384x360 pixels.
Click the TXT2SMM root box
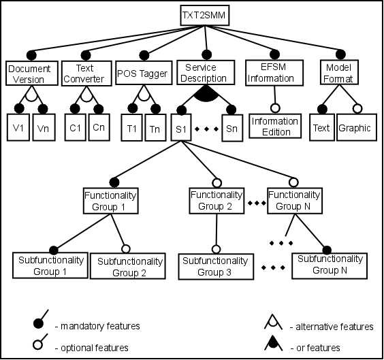[205, 15]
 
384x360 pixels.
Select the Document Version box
[32, 73]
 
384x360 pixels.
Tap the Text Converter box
[86, 73]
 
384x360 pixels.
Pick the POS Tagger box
[144, 73]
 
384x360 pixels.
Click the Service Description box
[206, 72]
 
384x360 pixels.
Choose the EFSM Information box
[274, 73]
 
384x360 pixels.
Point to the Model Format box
[340, 72]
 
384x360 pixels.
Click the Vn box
[44, 127]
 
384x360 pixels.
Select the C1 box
[75, 127]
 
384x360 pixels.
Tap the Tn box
[155, 127]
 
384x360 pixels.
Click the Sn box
[232, 128]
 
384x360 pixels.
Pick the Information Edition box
[275, 126]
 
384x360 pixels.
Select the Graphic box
[357, 127]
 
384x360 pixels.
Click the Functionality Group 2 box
[217, 201]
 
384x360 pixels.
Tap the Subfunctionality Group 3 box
[216, 267]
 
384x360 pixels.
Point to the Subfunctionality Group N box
[330, 266]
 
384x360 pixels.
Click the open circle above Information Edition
[275, 108]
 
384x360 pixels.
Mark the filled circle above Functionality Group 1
[114, 182]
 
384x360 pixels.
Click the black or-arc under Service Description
[206, 95]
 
